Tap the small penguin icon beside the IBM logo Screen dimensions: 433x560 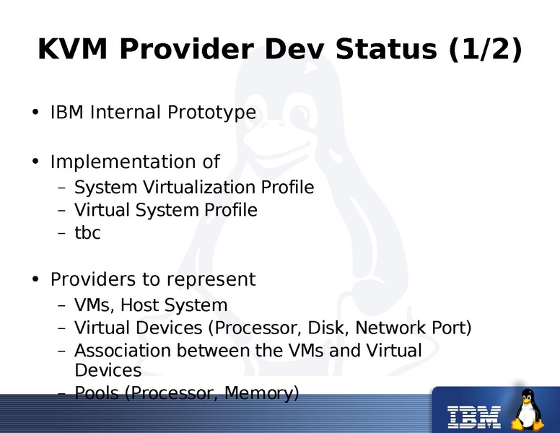pos(528,410)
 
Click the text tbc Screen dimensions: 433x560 pos(87,233)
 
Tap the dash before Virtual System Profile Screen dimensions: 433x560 pos(61,211)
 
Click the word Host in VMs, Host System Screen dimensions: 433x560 pos(145,305)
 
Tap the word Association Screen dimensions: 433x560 pos(123,351)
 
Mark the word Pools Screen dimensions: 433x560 pos(95,393)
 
